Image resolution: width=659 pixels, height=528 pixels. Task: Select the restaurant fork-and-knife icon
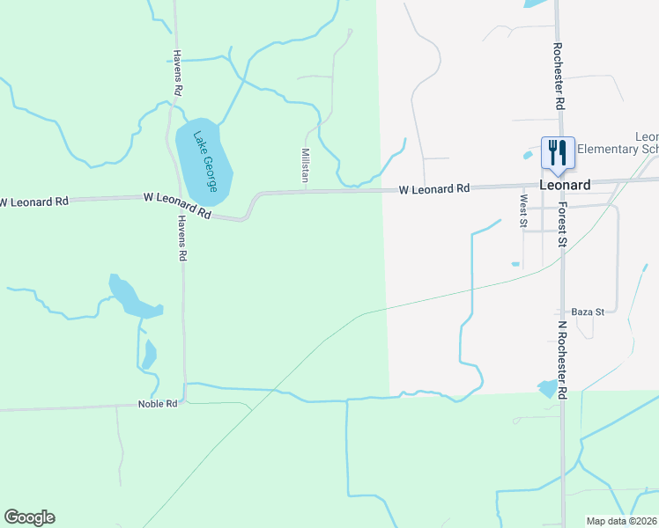pos(558,151)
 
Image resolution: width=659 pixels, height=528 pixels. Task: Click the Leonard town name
pos(565,185)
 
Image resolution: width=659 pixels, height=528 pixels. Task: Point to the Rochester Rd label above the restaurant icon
pos(559,77)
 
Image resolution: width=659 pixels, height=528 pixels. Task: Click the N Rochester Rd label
pos(561,360)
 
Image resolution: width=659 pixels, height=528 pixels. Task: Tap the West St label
pos(523,211)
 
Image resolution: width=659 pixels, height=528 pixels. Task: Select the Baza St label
pos(588,312)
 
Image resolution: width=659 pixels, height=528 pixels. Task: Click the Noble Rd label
pos(158,404)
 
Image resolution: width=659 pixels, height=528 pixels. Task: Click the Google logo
pos(29,517)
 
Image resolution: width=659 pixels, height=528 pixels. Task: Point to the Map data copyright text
pos(622,521)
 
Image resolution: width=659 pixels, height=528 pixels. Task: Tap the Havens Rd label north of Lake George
pos(177,72)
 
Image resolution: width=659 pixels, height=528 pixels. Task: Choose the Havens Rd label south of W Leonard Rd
pos(182,238)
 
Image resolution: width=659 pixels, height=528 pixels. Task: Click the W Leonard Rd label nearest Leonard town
pos(434,189)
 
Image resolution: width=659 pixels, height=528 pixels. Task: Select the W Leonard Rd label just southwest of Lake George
pos(178,206)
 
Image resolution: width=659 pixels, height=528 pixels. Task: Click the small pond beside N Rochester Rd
pos(548,388)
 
